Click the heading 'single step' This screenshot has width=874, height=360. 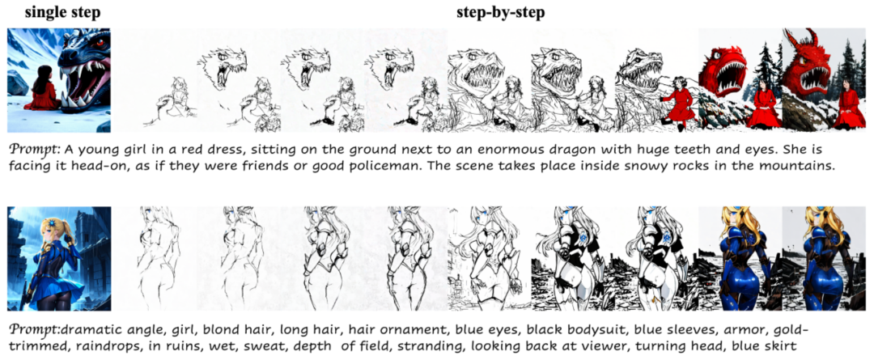59,14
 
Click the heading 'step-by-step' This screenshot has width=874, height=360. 500,14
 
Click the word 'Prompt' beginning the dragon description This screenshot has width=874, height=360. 35,151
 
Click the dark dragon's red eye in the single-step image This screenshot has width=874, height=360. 100,42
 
